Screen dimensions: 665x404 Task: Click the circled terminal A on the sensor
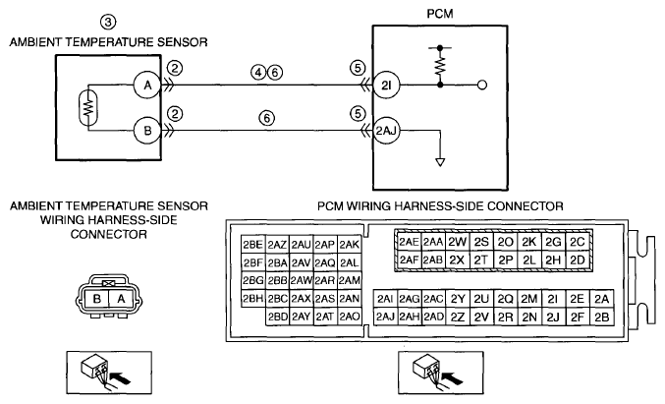click(147, 86)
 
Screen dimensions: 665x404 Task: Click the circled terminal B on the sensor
click(147, 131)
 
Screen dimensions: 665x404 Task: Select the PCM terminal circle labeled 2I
click(386, 86)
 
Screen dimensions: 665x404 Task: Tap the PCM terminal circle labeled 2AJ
click(386, 131)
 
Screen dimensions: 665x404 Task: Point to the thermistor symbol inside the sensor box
click(88, 107)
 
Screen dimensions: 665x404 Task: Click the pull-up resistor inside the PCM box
click(440, 66)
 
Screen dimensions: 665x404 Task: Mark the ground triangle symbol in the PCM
click(440, 162)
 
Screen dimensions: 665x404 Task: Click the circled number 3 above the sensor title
click(108, 22)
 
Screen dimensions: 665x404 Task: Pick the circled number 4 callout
click(258, 73)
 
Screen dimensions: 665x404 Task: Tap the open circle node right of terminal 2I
click(482, 86)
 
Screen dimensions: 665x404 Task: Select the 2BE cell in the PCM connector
click(253, 245)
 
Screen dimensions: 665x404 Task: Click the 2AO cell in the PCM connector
click(350, 317)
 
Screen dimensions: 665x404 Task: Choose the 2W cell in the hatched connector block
click(457, 242)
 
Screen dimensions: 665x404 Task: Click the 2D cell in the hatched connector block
click(578, 260)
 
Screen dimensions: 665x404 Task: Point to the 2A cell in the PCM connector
click(602, 299)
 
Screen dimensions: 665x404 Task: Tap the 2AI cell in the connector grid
click(385, 299)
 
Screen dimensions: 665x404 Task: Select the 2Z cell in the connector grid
click(458, 317)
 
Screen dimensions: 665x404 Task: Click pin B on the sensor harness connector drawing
click(97, 299)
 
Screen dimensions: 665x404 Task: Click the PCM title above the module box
click(440, 14)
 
